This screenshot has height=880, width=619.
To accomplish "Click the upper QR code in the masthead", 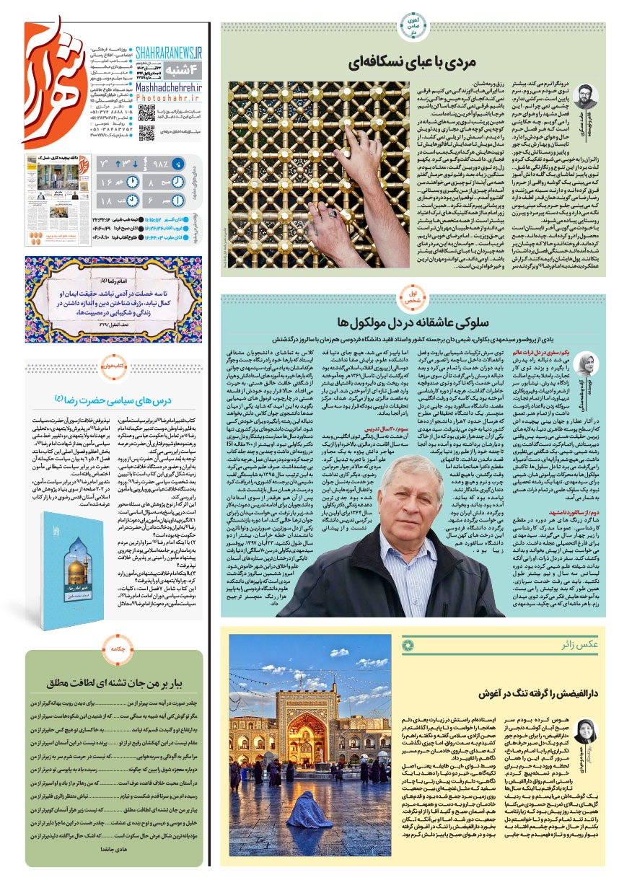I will (x=146, y=113).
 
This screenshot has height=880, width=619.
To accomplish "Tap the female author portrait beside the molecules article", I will (x=586, y=361).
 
